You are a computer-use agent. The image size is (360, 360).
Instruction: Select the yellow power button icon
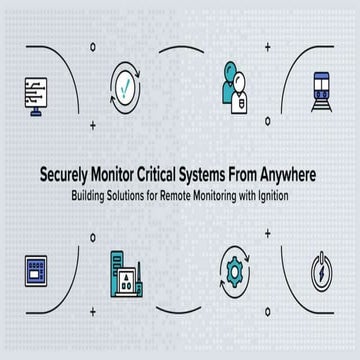[x=323, y=273]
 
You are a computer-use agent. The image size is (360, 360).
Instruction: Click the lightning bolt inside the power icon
[x=323, y=273]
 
